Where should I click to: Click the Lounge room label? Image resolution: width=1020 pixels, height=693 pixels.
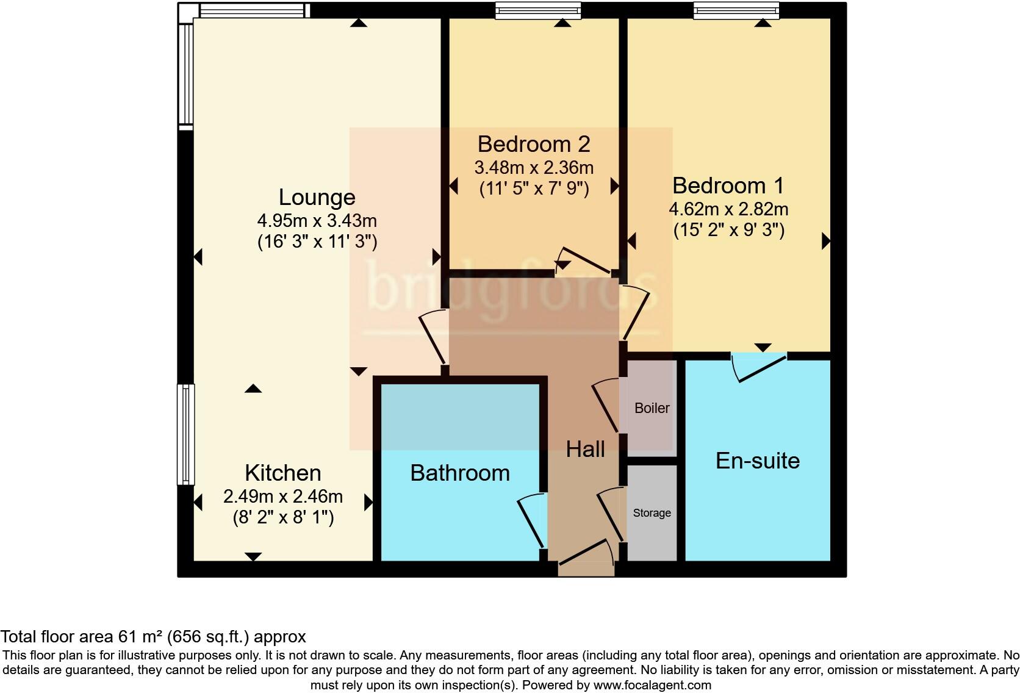click(317, 197)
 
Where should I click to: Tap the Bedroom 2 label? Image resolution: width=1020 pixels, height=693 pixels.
click(534, 144)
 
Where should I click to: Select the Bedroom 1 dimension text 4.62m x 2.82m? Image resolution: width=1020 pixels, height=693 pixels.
click(728, 209)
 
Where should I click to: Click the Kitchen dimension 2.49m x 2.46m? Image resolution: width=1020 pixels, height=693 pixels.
click(282, 497)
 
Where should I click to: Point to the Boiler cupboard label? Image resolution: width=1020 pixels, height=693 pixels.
click(652, 408)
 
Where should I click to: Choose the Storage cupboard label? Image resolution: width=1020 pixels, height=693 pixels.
click(652, 513)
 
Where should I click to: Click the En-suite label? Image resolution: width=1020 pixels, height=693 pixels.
click(757, 461)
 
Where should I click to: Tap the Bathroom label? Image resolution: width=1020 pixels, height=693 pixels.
click(460, 473)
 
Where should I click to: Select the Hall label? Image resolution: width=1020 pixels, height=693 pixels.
click(585, 450)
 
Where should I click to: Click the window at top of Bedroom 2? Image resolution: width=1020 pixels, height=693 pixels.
click(537, 10)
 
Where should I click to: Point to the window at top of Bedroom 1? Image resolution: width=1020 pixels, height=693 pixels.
click(736, 10)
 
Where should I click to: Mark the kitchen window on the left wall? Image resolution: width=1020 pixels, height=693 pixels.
click(185, 434)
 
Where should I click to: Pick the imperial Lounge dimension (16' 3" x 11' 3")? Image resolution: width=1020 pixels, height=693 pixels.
click(317, 242)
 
